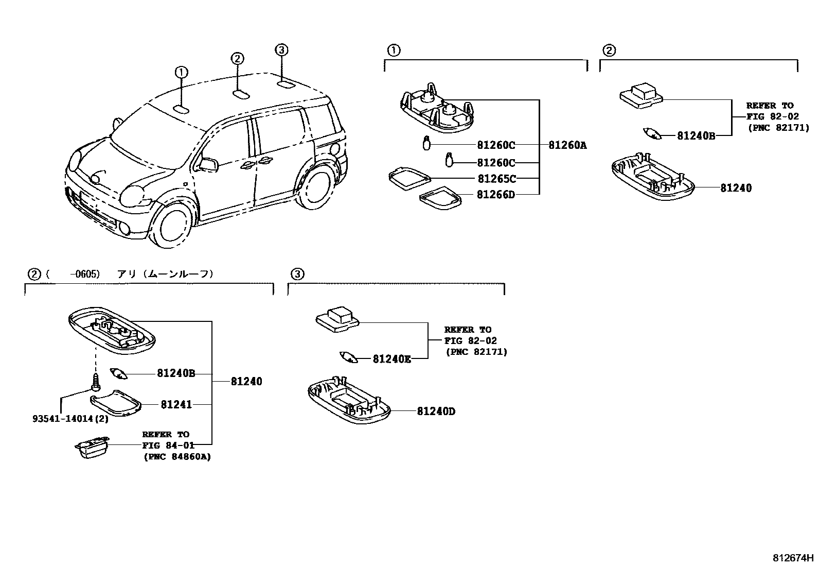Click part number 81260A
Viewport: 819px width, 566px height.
(x=567, y=146)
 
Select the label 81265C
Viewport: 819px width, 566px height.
(x=496, y=179)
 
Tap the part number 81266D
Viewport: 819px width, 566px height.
(x=495, y=195)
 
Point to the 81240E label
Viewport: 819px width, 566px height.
(x=392, y=359)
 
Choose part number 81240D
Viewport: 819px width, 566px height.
(x=436, y=411)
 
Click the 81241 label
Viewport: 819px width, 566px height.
(x=176, y=405)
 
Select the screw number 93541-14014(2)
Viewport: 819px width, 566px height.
(x=70, y=419)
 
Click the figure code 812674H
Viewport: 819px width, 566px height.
(x=793, y=558)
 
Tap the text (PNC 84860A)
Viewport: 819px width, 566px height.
(x=176, y=457)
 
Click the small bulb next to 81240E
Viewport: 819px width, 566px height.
(x=349, y=357)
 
